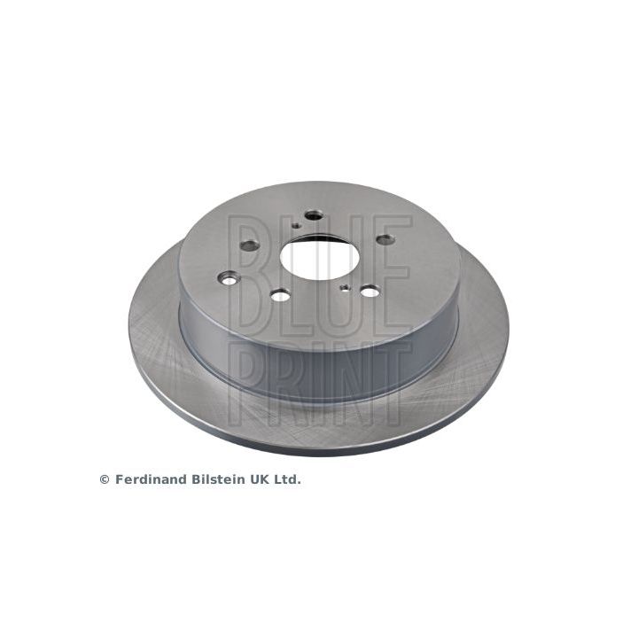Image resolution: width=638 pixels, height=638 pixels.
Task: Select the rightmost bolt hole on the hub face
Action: coord(385,239)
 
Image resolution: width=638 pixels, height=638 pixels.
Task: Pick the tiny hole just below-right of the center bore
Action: coord(345,287)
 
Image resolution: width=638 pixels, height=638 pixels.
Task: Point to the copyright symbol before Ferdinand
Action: coord(105,480)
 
